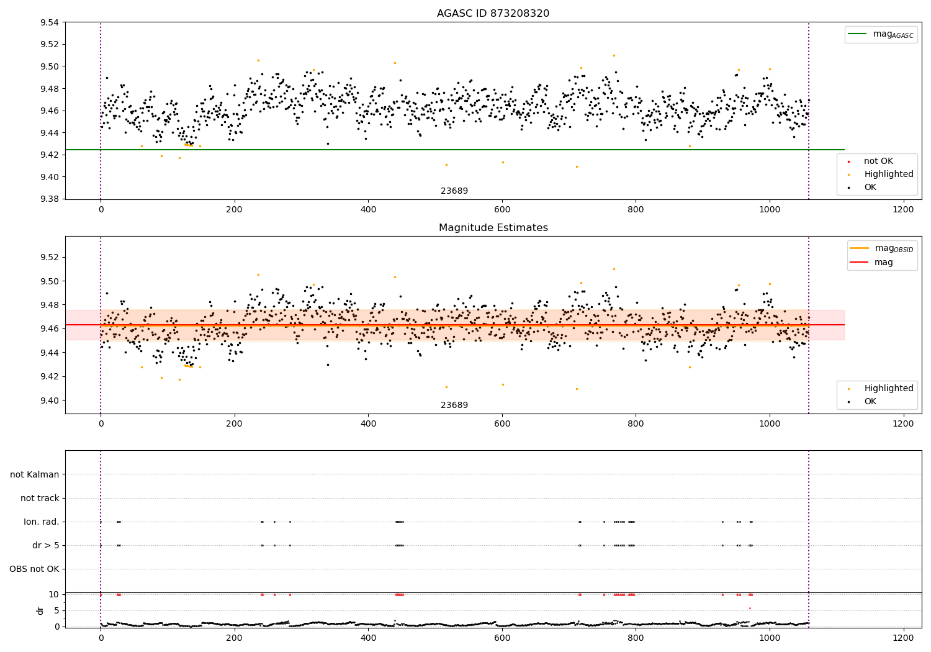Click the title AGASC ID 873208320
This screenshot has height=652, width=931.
coord(493,14)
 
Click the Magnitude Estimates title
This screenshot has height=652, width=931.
coord(493,228)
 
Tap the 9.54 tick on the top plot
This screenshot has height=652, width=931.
coord(49,22)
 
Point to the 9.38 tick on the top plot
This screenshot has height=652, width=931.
coord(49,199)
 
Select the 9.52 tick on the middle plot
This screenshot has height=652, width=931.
coord(49,257)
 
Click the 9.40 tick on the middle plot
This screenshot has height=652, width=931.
coord(49,401)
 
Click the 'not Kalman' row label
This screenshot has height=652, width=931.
coord(35,474)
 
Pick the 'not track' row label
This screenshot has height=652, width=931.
coord(40,498)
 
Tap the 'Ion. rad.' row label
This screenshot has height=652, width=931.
coord(42,522)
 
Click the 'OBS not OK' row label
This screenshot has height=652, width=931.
coord(34,569)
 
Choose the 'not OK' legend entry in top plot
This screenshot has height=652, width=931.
coord(878,161)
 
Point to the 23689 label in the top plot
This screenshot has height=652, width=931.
coord(454,191)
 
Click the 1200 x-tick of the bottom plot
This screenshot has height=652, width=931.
coord(903,638)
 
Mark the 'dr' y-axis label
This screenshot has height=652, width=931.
coord(40,610)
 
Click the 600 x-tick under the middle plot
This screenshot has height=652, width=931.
coord(501,423)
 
